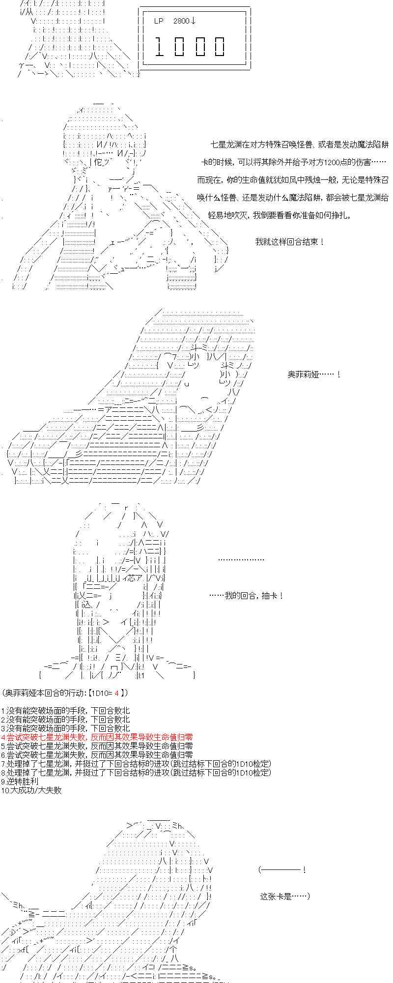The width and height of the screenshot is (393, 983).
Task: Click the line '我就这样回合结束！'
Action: click(x=289, y=242)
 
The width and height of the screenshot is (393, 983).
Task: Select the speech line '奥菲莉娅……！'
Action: click(x=313, y=375)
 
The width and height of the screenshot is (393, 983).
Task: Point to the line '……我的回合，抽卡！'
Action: click(x=246, y=596)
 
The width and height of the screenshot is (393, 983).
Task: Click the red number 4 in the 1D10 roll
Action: click(x=116, y=693)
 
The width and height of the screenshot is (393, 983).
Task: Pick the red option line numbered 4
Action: click(x=97, y=737)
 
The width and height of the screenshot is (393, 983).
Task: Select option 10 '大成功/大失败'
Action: click(x=31, y=790)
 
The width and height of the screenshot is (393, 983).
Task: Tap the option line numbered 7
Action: click(x=136, y=764)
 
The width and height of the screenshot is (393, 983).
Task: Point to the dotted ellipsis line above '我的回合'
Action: click(x=241, y=559)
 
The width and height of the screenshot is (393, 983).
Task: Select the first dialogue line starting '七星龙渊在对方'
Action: click(x=299, y=145)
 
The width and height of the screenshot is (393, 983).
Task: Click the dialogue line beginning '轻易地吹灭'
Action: click(x=280, y=215)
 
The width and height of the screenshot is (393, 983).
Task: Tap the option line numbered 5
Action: click(x=97, y=746)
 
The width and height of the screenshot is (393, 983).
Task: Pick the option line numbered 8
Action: click(x=136, y=773)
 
